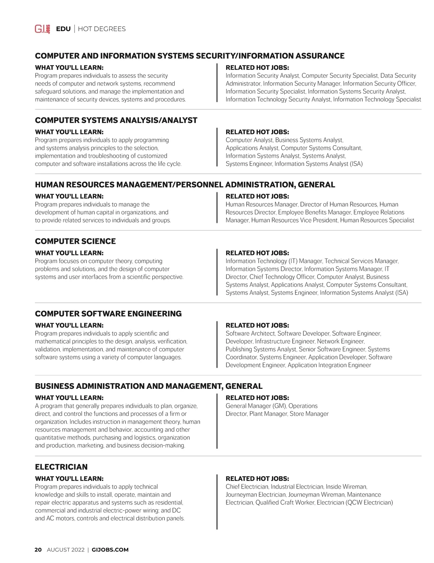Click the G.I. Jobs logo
tap(42, 29)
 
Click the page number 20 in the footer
tap(38, 550)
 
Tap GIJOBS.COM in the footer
tap(110, 550)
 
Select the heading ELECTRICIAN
tap(61, 467)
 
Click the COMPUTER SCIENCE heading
tap(75, 241)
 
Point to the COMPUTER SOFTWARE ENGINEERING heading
tap(108, 314)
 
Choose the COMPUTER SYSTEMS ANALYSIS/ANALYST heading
tap(116, 120)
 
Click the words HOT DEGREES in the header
tap(102, 29)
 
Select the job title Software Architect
tap(250, 334)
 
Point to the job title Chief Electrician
tap(247, 487)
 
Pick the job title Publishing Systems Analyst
tap(261, 349)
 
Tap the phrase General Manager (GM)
tap(256, 406)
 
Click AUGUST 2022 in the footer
tap(65, 550)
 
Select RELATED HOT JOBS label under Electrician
tap(257, 479)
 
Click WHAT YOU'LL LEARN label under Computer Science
tap(69, 253)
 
